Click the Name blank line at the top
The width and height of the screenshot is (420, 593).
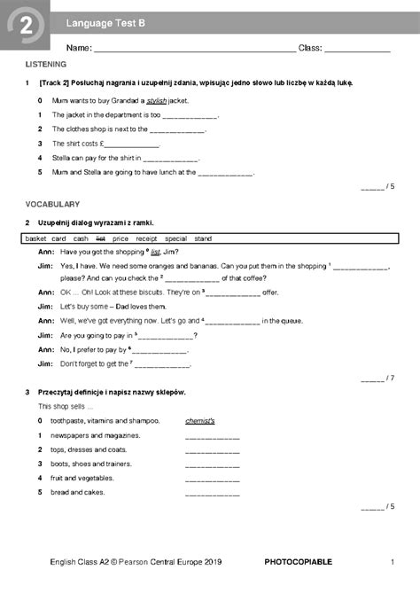pyautogui.click(x=194, y=51)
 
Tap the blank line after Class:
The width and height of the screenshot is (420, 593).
pyautogui.click(x=357, y=51)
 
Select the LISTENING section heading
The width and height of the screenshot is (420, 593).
pyautogui.click(x=45, y=66)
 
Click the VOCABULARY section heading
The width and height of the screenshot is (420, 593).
pyautogui.click(x=52, y=204)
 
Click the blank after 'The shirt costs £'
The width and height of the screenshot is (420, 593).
pyautogui.click(x=133, y=144)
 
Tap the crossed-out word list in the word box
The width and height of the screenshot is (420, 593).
pyautogui.click(x=100, y=238)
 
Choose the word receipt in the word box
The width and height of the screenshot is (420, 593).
pyautogui.click(x=146, y=238)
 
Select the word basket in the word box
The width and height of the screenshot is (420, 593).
pyautogui.click(x=36, y=238)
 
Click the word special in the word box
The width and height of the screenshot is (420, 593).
pyautogui.click(x=175, y=238)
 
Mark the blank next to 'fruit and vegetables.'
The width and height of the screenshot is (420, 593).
pyautogui.click(x=213, y=479)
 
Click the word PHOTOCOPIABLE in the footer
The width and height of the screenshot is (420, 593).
pyautogui.click(x=298, y=562)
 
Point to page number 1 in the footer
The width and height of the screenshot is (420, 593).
pyautogui.click(x=392, y=562)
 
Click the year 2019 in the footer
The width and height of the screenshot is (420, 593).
pyautogui.click(x=211, y=562)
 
